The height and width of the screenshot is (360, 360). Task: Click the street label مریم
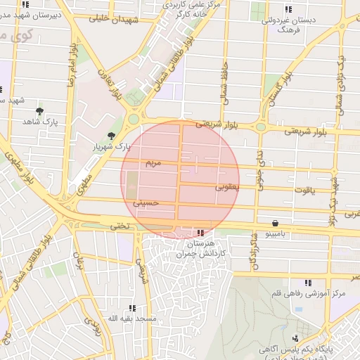click(x=153, y=163)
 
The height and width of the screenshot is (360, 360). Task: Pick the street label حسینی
click(x=150, y=202)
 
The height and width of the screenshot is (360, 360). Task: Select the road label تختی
click(x=120, y=226)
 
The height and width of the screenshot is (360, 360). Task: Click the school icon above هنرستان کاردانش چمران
click(x=201, y=232)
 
